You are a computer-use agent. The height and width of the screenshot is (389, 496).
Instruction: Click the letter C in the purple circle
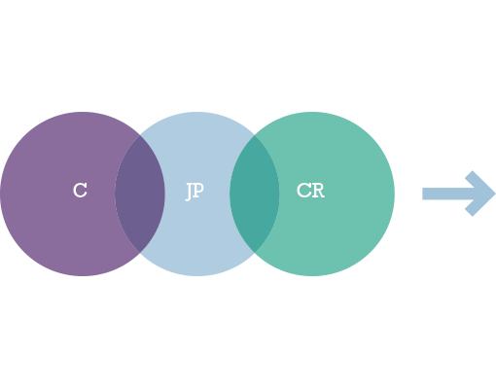tap(80, 191)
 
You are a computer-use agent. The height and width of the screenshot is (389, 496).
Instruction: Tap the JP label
tap(195, 192)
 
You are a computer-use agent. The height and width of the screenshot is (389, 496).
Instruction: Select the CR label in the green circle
tap(310, 191)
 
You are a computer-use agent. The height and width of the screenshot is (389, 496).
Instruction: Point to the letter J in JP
tap(189, 192)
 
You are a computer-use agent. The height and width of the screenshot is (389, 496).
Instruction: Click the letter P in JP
tap(198, 191)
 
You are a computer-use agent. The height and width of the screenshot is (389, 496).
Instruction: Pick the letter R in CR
tap(318, 191)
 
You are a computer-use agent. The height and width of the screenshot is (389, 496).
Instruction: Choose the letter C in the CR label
tap(303, 191)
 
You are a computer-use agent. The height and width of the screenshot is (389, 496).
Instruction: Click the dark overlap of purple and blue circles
tap(140, 194)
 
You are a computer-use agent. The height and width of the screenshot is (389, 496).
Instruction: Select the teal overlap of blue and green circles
tap(255, 194)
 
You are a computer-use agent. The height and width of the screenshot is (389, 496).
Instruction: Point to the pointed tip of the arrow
tap(495, 194)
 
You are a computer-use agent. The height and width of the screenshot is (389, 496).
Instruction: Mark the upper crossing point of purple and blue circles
tap(140, 136)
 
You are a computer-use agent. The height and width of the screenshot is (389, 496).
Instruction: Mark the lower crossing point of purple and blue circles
tap(140, 252)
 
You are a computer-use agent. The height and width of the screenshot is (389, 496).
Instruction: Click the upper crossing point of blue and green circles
tap(255, 136)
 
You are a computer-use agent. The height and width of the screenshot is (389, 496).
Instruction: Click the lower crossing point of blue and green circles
tap(255, 252)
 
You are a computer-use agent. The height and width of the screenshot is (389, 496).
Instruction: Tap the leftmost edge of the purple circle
tap(1, 194)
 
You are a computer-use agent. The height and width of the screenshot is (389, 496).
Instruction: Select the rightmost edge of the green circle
tap(394, 194)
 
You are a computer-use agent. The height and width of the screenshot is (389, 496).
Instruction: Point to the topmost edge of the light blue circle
tap(197, 112)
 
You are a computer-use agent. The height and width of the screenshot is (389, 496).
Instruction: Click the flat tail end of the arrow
tap(422, 194)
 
